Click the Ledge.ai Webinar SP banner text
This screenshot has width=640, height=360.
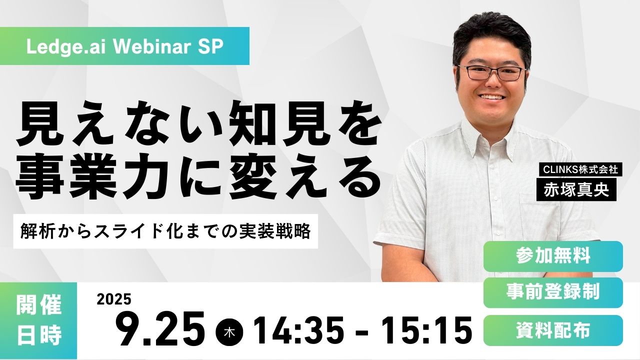pyautogui.click(x=124, y=46)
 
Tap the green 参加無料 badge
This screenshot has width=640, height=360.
pyautogui.click(x=553, y=256)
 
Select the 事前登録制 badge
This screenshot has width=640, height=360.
pyautogui.click(x=553, y=292)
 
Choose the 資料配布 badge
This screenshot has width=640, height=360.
pyautogui.click(x=553, y=330)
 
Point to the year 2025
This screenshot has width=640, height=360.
pyautogui.click(x=114, y=299)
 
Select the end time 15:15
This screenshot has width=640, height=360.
pyautogui.click(x=427, y=331)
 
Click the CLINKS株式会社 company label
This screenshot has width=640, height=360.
pyautogui.click(x=579, y=169)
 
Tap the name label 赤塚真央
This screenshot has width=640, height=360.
pyautogui.click(x=576, y=189)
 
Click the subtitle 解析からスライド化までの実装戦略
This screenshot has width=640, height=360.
pyautogui.click(x=165, y=231)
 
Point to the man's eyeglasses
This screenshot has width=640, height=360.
pyautogui.click(x=492, y=73)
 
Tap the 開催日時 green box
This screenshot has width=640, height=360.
pyautogui.click(x=38, y=320)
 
